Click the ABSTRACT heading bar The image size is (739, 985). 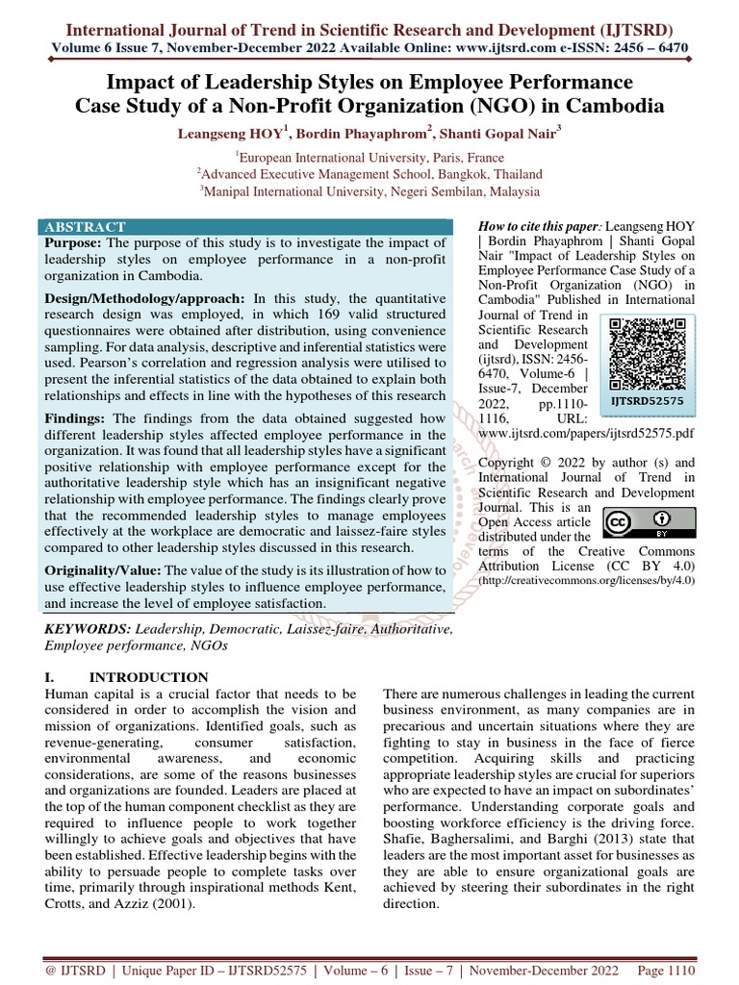click(84, 226)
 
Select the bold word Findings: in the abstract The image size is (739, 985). click(77, 418)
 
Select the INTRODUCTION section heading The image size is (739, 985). click(147, 676)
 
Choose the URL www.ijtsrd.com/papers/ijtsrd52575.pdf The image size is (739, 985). click(586, 434)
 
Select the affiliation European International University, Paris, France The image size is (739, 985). click(369, 157)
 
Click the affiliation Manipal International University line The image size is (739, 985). click(369, 190)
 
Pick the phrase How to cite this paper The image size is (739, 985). click(538, 225)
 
